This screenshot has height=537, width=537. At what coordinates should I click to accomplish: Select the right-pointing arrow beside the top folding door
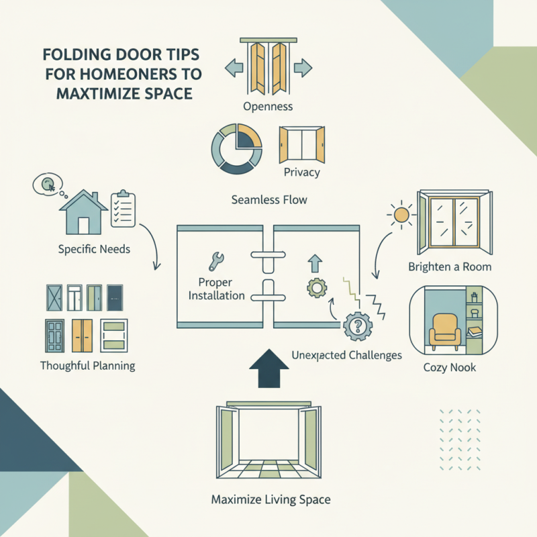point(303,67)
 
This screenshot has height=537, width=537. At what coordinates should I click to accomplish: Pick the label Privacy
point(302,173)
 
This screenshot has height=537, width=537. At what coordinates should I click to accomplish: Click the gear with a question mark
point(357,327)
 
